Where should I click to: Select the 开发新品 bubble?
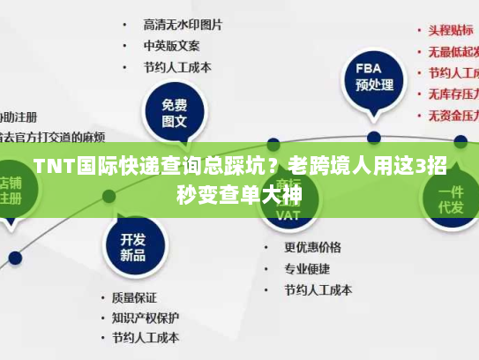tap(132, 247)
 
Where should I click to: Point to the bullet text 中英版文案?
tap(172, 45)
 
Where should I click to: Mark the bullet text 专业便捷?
tap(307, 268)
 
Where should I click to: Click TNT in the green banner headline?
tap(51, 166)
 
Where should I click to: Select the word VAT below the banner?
tap(288, 214)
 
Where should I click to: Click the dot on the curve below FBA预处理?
tap(373, 138)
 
